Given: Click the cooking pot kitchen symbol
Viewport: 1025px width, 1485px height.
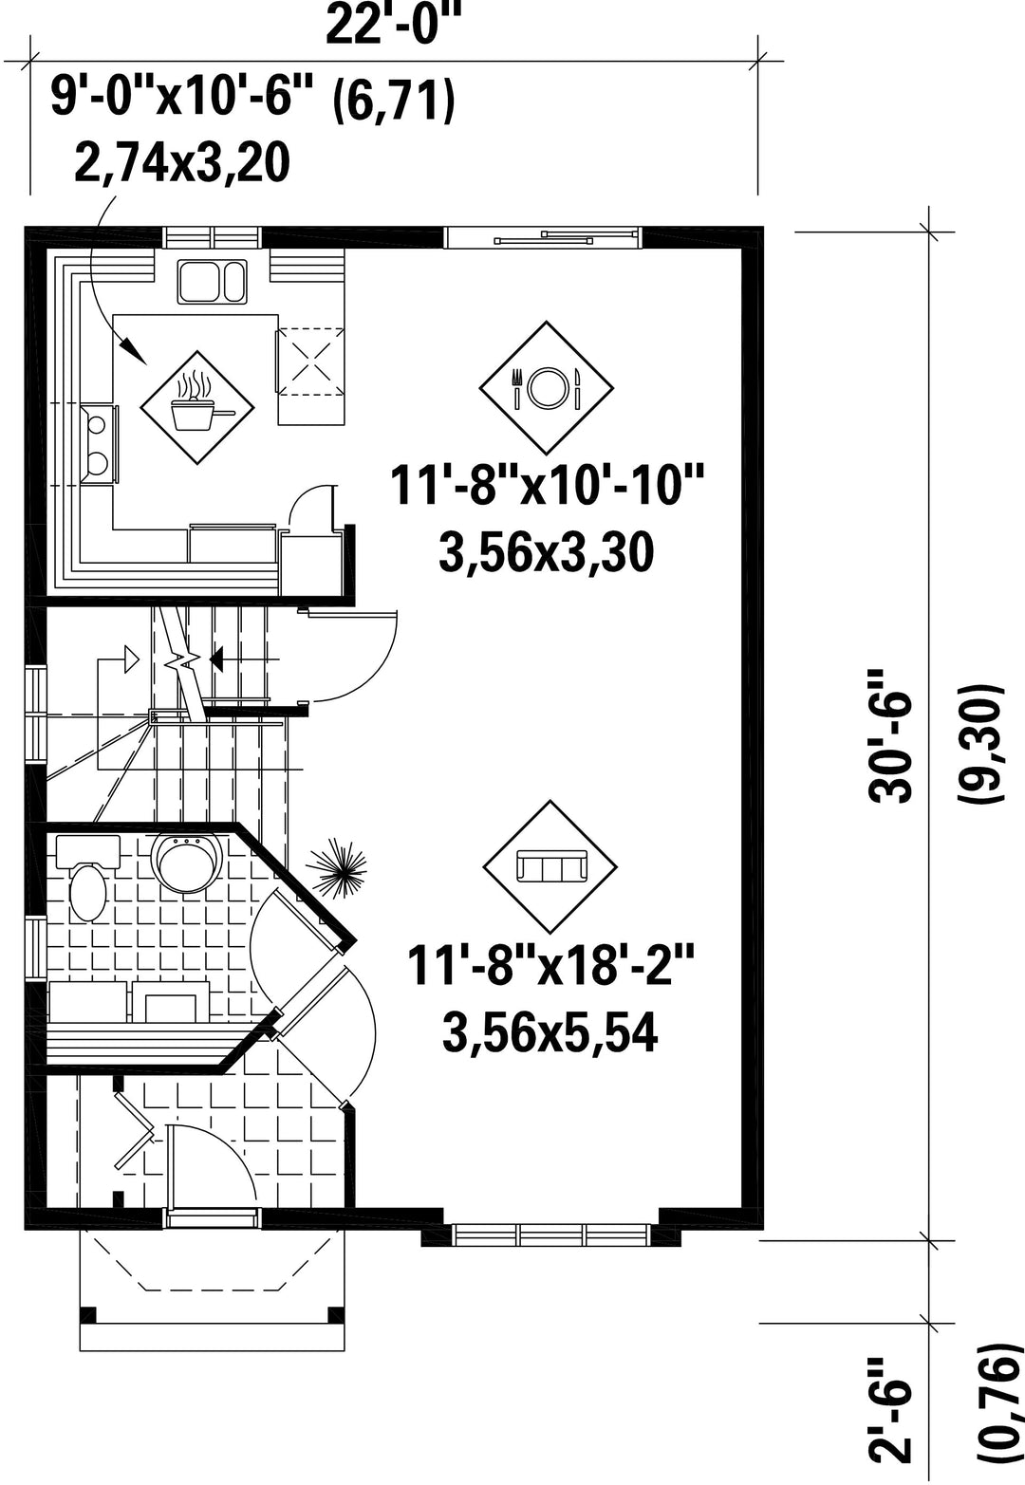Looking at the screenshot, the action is [197, 407].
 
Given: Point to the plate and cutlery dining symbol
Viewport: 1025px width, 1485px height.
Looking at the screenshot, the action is [547, 388].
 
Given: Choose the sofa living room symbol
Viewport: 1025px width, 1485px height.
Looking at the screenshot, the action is [550, 866].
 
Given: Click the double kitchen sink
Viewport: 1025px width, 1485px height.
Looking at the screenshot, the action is [212, 282].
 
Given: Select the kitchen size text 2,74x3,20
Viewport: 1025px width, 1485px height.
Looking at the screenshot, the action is [181, 163].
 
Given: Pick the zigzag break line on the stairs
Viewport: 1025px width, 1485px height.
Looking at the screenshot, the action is [187, 663].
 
